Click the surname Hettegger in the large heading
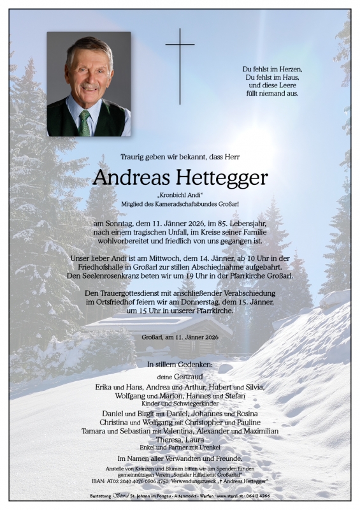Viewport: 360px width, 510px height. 218,178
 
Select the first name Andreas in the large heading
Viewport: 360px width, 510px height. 127,178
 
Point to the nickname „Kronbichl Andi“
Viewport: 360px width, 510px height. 180,194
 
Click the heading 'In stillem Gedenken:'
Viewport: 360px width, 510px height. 180,365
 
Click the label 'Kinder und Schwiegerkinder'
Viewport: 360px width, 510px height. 180,404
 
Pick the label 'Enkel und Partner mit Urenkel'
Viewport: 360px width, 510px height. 180,448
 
